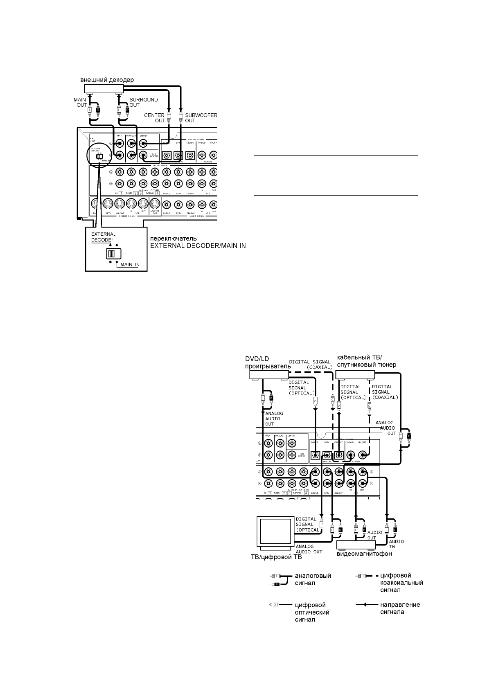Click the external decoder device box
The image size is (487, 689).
(x=104, y=88)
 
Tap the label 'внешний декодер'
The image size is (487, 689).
(x=106, y=80)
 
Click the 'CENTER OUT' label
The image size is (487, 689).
(x=154, y=118)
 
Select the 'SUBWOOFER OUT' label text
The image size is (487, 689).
(x=201, y=118)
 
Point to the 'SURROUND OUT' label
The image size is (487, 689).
(x=143, y=102)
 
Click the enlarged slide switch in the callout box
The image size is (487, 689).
(x=112, y=254)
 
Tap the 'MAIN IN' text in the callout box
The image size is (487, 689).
(x=130, y=265)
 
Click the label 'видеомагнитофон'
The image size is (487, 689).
(x=364, y=554)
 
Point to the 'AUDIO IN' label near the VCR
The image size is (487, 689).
(x=396, y=544)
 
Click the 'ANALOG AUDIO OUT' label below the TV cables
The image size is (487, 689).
(x=309, y=549)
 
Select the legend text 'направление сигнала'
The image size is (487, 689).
(x=400, y=608)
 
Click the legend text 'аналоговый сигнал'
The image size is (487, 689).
(x=313, y=579)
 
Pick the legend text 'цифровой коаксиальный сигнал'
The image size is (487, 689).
(x=401, y=583)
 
